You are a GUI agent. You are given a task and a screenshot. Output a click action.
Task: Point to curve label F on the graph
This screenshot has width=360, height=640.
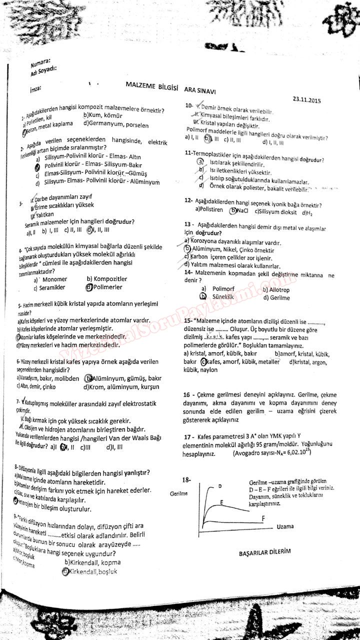click(262, 519)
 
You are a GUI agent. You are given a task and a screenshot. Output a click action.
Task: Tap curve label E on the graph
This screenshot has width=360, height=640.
click(220, 501)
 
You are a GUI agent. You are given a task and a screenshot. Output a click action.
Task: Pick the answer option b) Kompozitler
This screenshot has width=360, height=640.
click(106, 279)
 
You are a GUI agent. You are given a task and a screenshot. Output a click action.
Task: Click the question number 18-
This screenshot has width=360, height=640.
click(186, 480)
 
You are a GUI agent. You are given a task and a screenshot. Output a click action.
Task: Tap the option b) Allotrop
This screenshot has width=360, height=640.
click(275, 289)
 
